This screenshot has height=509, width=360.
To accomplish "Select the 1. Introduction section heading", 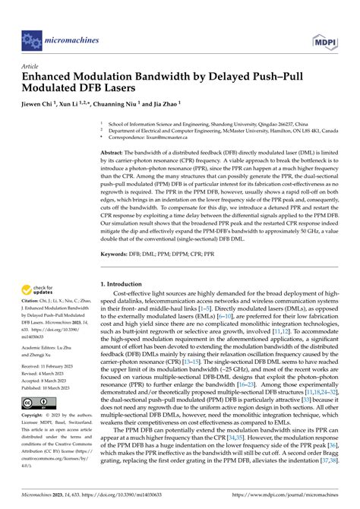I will click(x=128, y=261).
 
